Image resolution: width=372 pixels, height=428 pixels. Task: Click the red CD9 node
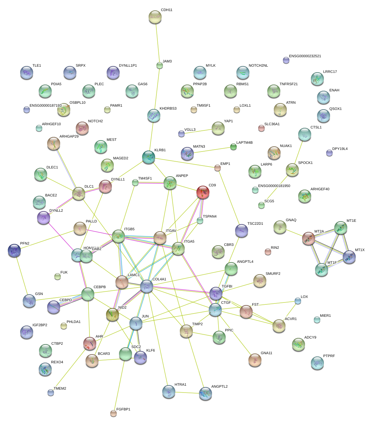203,192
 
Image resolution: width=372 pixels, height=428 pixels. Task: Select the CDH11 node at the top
155,17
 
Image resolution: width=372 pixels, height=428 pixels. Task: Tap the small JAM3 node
159,65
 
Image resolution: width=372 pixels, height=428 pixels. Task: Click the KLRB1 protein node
149,157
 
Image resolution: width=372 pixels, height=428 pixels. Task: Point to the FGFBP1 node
113,413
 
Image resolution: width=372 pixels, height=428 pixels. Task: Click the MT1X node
349,257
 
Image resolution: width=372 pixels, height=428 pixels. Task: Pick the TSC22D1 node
241,231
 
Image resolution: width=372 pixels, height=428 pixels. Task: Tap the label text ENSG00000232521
305,56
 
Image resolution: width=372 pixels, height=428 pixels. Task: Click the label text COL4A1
159,279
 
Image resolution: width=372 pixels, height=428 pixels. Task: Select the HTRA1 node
168,392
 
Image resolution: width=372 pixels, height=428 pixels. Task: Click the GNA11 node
255,360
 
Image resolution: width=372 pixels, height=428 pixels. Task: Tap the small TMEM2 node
51,392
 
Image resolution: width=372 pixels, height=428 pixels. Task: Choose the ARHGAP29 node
54,143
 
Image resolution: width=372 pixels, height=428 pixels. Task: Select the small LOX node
298,301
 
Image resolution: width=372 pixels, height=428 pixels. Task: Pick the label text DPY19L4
340,149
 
